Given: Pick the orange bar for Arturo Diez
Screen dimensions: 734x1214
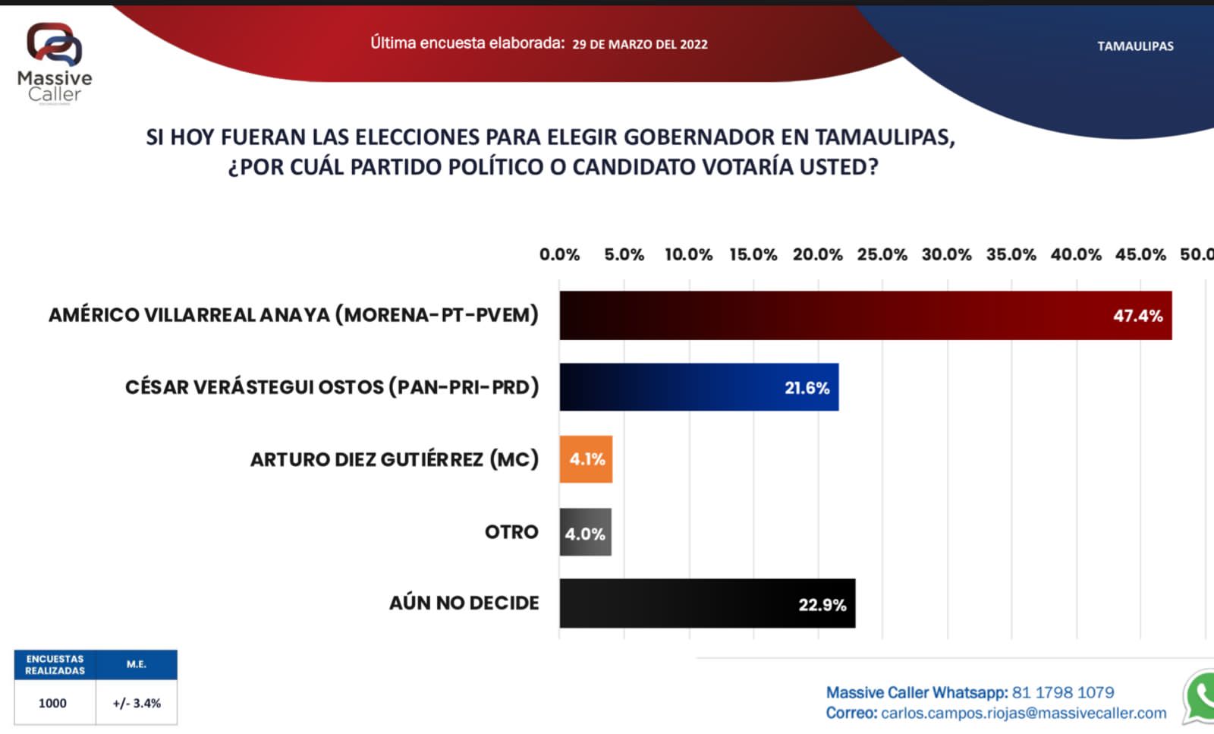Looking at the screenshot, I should pos(586,459).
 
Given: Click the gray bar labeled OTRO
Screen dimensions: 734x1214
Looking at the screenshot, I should pos(585,532).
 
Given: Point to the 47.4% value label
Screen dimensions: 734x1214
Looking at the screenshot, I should pos(1137,316).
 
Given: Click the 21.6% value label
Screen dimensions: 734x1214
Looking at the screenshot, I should pos(807,388).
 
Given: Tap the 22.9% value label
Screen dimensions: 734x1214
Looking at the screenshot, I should pos(822,605).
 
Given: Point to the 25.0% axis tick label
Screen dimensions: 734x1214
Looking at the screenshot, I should pos(882,255).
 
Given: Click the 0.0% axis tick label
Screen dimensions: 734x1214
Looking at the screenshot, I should pos(559,255).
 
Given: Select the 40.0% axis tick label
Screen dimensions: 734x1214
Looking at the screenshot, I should pos(1075,255).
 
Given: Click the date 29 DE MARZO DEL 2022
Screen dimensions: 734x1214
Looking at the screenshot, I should pos(640,45).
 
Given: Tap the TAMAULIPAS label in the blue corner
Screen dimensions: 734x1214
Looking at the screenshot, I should pos(1135,46).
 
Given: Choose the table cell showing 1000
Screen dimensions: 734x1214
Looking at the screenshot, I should pos(53,703).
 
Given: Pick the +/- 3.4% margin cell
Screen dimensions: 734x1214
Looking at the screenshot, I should pos(137,703).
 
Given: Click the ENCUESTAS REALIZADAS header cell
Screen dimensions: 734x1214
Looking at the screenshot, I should pos(55,665).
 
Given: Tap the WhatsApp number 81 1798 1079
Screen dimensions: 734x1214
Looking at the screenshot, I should pos(1062,692).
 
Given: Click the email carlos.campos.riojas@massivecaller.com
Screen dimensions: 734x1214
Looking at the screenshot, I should pos(1024,713).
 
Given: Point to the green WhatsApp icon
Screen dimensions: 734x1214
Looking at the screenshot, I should pos(1201,695).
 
